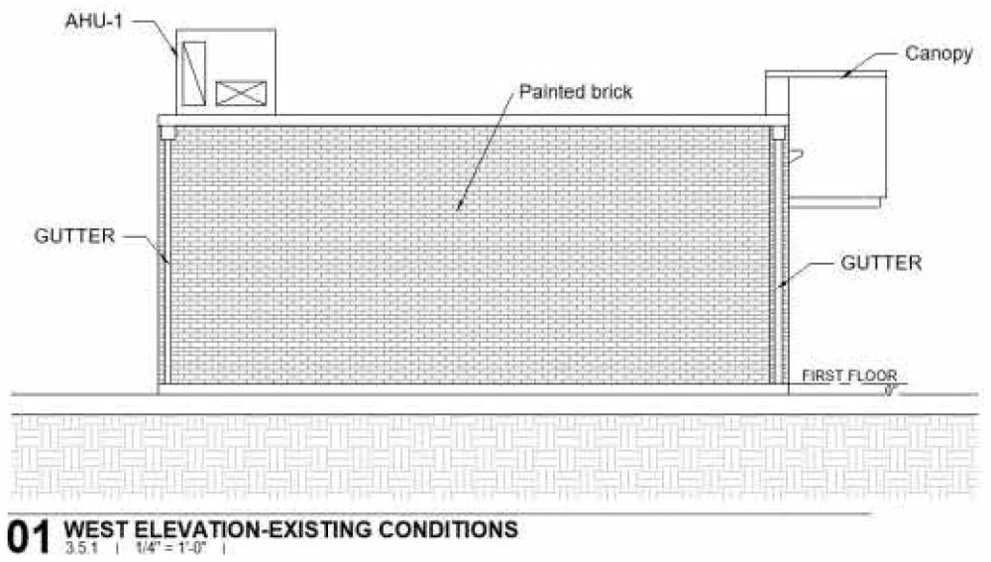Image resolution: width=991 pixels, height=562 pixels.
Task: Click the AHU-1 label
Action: pyautogui.click(x=93, y=22)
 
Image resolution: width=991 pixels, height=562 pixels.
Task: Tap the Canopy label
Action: pyautogui.click(x=938, y=54)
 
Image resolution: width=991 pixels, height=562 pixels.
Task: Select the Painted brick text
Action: pyautogui.click(x=575, y=91)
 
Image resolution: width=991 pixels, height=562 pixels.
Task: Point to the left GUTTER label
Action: pyautogui.click(x=74, y=236)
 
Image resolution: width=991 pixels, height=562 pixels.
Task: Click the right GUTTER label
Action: pyautogui.click(x=881, y=263)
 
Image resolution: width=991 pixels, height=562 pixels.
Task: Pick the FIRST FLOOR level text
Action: pyautogui.click(x=849, y=376)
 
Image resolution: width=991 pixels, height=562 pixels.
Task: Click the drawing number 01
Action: pyautogui.click(x=29, y=537)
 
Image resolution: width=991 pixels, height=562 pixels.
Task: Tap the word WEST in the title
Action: pyautogui.click(x=95, y=529)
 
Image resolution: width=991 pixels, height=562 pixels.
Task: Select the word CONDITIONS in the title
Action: pyautogui.click(x=448, y=529)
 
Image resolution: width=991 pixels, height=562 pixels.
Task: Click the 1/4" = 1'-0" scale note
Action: pyautogui.click(x=171, y=547)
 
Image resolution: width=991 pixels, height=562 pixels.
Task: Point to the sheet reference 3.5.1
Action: pyautogui.click(x=81, y=547)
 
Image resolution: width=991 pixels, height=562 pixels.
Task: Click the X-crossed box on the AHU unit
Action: pyautogui.click(x=241, y=93)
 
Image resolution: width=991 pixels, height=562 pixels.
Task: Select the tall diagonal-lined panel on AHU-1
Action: pyautogui.click(x=193, y=73)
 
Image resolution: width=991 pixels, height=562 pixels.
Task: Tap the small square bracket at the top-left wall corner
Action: pyautogui.click(x=167, y=133)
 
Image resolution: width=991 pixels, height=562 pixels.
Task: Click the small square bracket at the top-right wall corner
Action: pyautogui.click(x=778, y=133)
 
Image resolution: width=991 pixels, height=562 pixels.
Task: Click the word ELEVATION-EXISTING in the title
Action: pyautogui.click(x=253, y=529)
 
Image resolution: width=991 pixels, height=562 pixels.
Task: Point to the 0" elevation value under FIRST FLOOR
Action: pyautogui.click(x=890, y=391)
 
